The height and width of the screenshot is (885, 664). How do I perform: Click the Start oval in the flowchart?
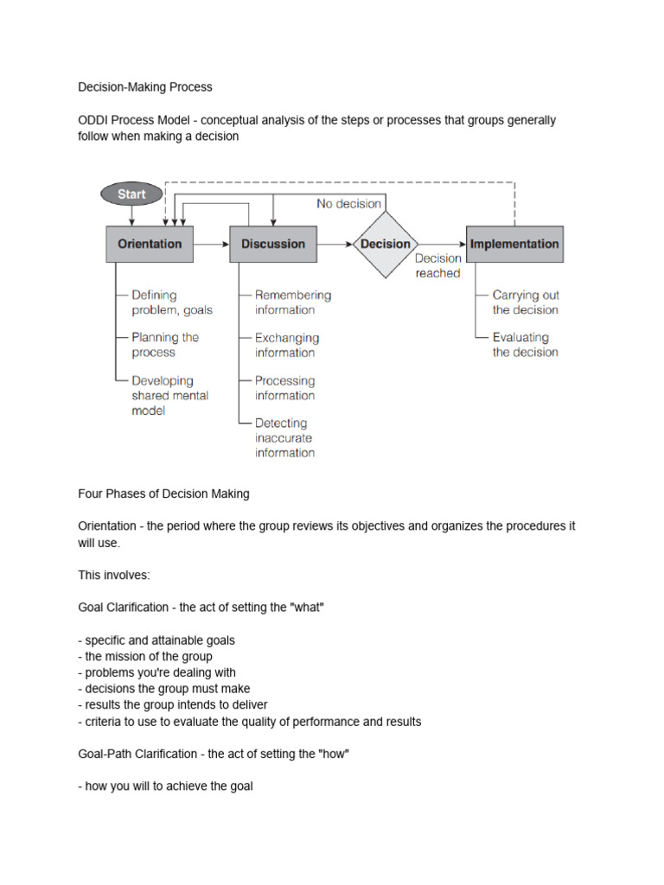click(131, 194)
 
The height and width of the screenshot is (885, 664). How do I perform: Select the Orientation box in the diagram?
click(150, 245)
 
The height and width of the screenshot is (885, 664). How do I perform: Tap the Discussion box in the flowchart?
click(273, 245)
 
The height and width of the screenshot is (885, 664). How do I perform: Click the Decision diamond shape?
click(386, 245)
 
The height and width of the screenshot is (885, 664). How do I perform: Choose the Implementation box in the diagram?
click(514, 245)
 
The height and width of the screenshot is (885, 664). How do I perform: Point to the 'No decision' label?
click(348, 204)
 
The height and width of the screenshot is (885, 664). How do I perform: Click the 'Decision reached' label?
click(437, 266)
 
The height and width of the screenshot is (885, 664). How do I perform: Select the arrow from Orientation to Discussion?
click(211, 245)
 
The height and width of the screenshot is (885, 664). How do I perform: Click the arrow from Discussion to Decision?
click(335, 245)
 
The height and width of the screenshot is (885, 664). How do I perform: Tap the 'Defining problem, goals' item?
click(171, 302)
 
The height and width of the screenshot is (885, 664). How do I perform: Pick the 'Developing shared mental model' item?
click(169, 396)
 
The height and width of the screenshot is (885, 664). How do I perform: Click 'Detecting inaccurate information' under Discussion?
click(284, 438)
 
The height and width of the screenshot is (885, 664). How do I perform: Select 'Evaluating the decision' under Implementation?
click(525, 345)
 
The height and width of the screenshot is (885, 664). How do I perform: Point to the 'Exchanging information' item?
click(286, 345)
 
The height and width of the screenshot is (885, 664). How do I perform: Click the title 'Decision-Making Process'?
click(145, 87)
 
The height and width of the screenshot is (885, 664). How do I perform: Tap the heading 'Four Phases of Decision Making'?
click(163, 493)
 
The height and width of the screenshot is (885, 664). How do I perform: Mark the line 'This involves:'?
click(114, 575)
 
